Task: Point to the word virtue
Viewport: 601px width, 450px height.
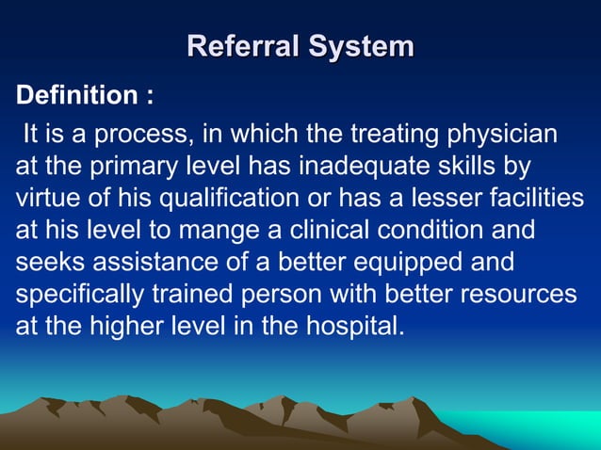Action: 45,200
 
